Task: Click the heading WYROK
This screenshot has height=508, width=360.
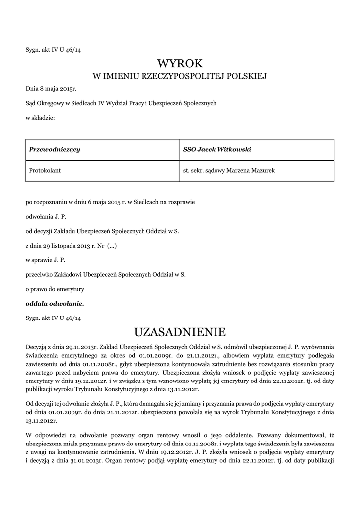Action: coord(180,63)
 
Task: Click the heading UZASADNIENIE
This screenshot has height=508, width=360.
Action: coord(180,331)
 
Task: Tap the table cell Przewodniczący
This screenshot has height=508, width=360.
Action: coord(55,149)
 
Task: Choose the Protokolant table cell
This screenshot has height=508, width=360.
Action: coord(45,170)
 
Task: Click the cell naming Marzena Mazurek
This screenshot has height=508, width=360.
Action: coord(229,170)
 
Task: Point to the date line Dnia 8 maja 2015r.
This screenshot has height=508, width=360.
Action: coord(52,90)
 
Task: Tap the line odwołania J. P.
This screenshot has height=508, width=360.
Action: coord(46,217)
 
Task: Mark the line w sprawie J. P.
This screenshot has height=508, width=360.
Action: coord(45,259)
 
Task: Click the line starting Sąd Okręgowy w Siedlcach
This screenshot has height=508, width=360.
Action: coord(121,103)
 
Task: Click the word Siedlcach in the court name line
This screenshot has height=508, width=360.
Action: coord(72,103)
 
